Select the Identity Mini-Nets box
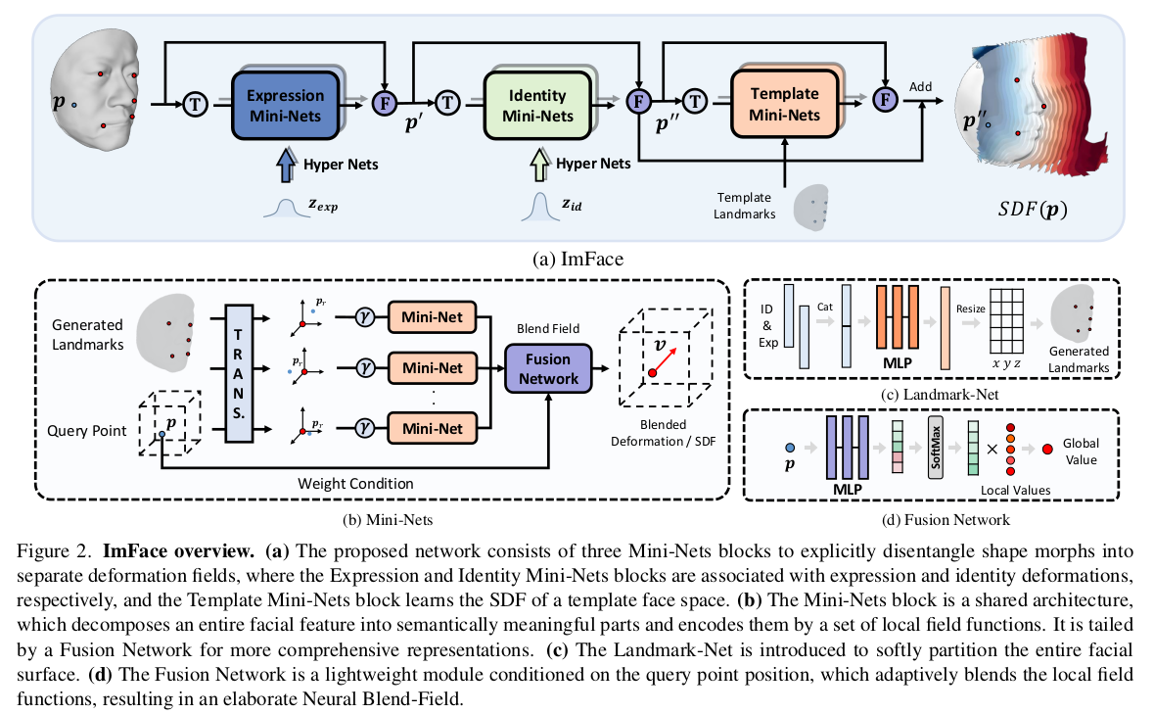tap(537, 106)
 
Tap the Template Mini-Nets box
tap(785, 106)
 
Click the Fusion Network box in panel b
tap(548, 369)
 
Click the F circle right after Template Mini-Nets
tap(884, 98)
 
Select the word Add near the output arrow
tap(920, 86)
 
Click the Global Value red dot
tap(1048, 449)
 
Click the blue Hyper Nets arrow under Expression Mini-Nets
tap(287, 163)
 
